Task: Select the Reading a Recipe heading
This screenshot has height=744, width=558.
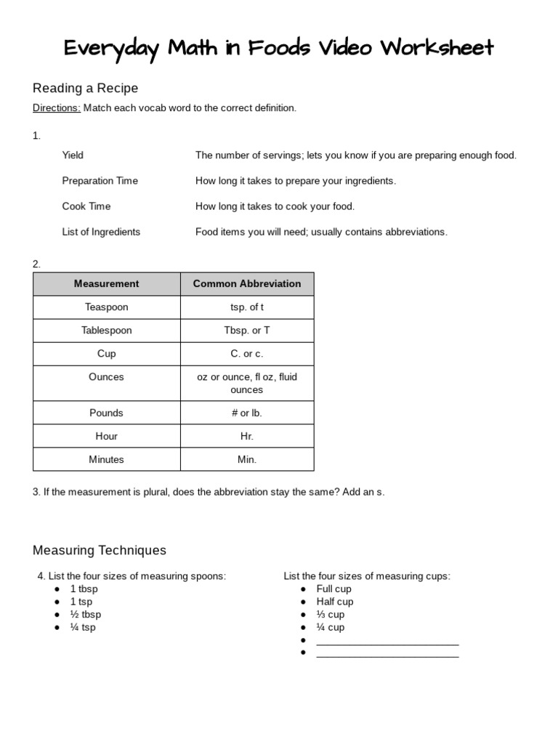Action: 85,88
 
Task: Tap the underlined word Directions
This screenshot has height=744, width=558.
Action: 56,108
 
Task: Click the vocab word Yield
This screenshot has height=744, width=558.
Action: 73,155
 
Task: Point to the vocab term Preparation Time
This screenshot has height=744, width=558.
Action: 100,180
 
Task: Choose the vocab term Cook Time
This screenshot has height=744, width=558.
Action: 86,206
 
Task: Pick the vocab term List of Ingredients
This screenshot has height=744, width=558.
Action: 101,232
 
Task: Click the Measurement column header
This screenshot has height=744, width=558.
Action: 106,283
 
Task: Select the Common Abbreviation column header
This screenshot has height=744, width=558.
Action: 247,283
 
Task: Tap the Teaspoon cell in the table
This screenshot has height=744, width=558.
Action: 106,307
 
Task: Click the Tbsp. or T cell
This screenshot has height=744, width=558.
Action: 247,330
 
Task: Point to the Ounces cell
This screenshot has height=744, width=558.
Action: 106,376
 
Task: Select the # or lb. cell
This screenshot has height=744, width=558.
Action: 247,413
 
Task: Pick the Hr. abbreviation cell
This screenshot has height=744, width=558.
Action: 247,436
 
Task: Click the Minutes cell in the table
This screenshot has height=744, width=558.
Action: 106,459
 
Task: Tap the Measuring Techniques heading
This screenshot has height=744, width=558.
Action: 100,550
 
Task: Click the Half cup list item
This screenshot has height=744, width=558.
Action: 335,602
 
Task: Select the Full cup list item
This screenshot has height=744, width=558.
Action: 333,589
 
